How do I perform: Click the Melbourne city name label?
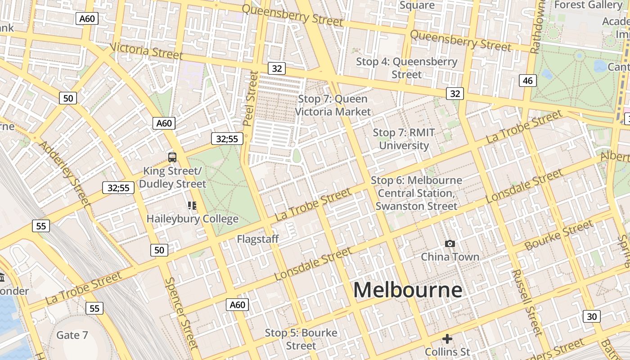point(407,290)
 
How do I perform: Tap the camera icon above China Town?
point(450,244)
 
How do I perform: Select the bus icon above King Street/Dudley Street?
point(172,157)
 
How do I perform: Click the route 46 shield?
point(527,81)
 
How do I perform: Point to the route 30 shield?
point(591,316)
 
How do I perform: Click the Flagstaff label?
point(258,239)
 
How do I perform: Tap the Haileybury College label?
point(192,219)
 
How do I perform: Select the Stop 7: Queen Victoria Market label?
point(333,105)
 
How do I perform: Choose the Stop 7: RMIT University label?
point(404,139)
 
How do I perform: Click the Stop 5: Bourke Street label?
point(301,339)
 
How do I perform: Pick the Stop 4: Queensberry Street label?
point(407,68)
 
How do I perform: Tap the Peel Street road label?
point(250,98)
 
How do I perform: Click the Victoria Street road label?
point(146,51)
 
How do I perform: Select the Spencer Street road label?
point(181,313)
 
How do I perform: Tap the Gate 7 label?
point(72,335)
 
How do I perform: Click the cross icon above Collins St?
point(447,338)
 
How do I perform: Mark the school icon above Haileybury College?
point(192,206)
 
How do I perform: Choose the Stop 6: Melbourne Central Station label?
point(416,193)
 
